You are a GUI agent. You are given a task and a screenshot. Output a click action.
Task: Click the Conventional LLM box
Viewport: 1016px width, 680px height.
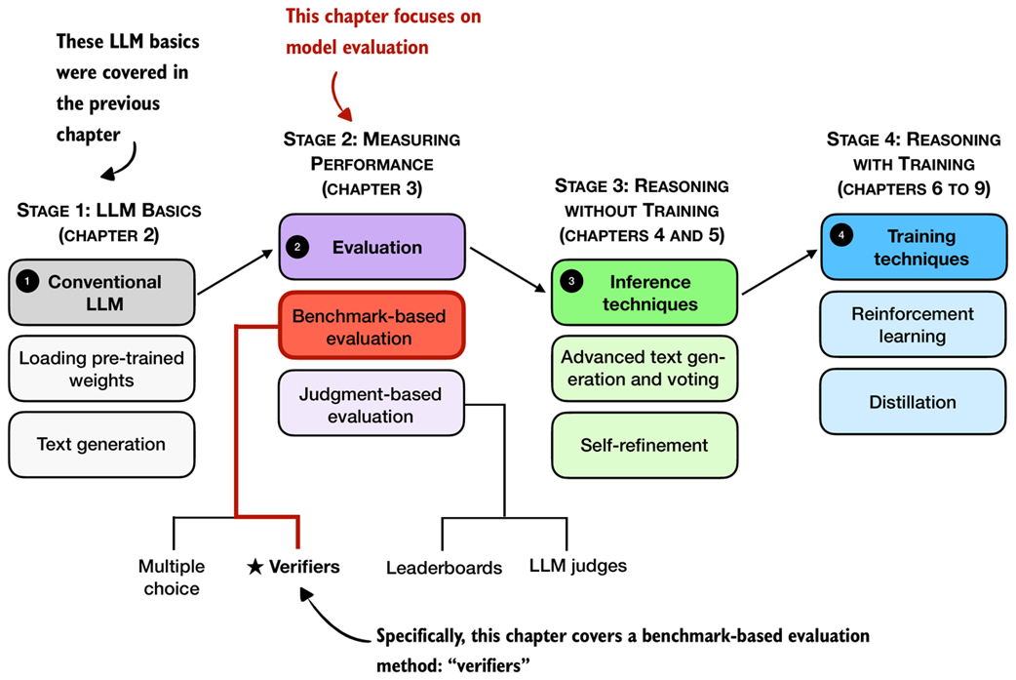102,292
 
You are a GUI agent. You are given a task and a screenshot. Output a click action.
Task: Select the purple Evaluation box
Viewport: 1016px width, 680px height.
371,247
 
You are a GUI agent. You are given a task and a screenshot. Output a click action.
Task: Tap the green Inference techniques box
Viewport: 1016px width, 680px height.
644,292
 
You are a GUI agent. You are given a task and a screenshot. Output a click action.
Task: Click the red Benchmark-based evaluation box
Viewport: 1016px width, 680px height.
371,326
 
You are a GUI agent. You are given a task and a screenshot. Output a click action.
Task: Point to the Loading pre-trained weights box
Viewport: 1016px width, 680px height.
102,370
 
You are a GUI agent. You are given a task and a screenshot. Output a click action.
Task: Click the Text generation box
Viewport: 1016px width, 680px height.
102,444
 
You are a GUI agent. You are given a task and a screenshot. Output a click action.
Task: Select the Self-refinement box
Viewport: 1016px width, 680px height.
644,445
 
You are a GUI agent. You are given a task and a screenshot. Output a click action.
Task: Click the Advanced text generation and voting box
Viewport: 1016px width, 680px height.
644,367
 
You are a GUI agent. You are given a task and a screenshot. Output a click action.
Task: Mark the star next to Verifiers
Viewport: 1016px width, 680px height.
255,567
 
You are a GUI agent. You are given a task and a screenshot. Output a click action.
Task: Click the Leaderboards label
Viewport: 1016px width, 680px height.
444,567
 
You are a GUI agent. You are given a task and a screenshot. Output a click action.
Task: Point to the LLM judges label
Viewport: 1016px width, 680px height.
578,565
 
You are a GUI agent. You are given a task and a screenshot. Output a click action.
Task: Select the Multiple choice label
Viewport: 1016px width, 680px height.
172,577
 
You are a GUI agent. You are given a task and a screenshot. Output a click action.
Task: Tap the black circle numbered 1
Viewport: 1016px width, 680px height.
28,282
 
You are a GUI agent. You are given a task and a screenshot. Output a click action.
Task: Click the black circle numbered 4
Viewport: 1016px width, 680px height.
840,236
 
